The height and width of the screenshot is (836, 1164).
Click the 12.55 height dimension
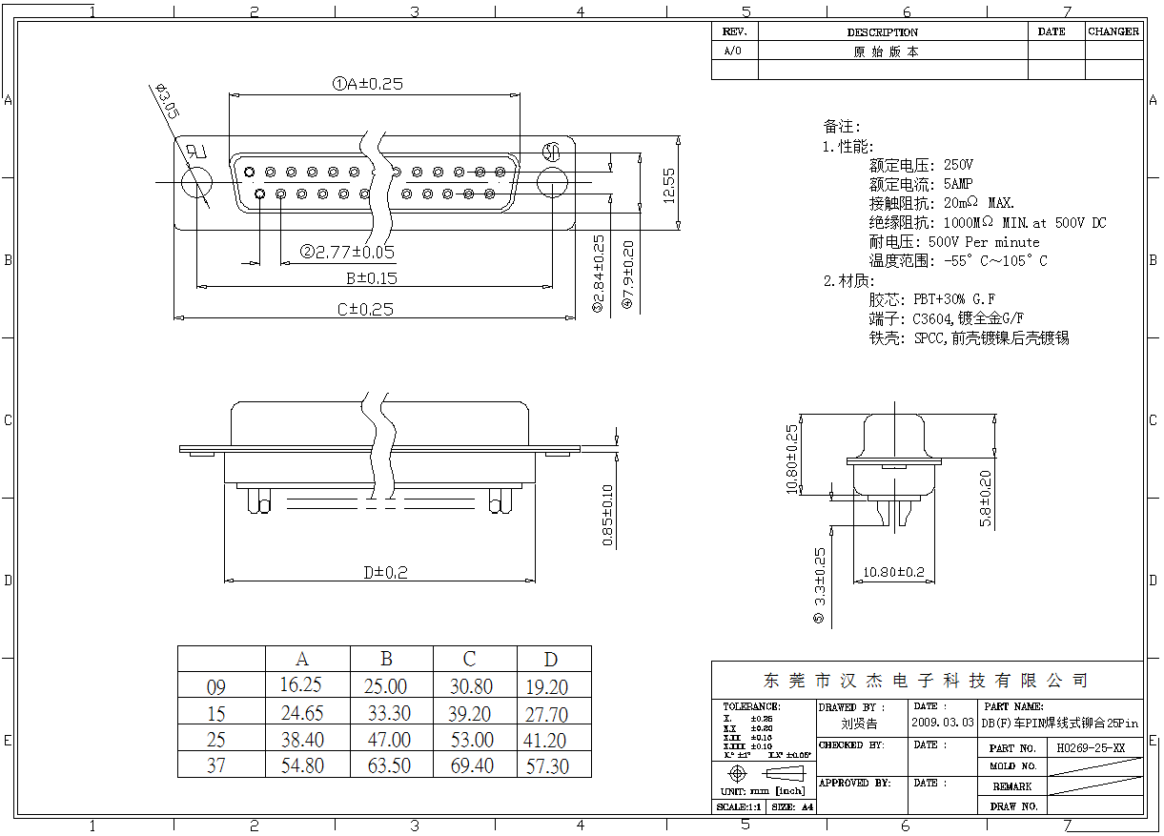(669, 185)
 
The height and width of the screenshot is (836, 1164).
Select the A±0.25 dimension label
(367, 84)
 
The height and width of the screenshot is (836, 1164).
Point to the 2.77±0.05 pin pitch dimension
(347, 253)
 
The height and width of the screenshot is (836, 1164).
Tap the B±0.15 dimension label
(371, 278)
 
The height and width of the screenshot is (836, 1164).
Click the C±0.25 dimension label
(365, 309)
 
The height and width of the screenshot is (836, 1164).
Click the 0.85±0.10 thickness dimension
(607, 516)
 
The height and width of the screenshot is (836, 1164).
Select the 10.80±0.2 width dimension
(893, 572)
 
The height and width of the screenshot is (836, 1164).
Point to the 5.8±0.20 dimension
(986, 499)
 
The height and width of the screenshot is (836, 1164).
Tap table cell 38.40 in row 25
(301, 740)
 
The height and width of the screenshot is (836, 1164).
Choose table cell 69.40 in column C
(471, 765)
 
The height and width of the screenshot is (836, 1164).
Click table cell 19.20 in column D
(546, 687)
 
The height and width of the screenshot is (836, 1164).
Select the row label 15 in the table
(216, 714)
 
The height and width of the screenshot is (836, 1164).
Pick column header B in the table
(387, 659)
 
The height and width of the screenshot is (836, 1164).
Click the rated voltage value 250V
(958, 166)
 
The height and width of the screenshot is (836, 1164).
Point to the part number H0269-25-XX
(1091, 748)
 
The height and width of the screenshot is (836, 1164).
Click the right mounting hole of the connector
(552, 183)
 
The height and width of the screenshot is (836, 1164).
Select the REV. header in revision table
(734, 31)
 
